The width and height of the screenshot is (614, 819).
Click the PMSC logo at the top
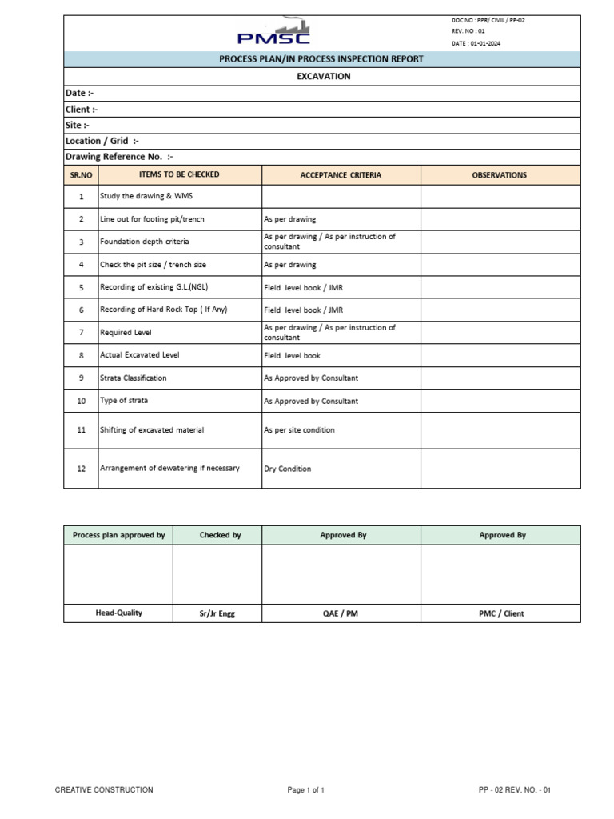coord(273,34)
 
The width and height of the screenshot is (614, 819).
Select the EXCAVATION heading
coord(323,77)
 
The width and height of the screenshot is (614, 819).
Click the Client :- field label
coord(82,110)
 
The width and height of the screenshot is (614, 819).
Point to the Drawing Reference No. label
coord(119,157)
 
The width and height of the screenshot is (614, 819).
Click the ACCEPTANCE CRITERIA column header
coord(341,175)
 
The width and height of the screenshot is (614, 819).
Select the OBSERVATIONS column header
coord(500,175)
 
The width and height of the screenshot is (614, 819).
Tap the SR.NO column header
coord(81,175)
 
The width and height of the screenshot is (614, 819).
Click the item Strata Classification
coord(134,378)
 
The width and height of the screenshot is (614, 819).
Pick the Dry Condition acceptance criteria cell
coord(288,469)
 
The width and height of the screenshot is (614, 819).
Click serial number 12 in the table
coord(81,469)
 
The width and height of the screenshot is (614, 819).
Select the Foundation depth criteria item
coord(145,242)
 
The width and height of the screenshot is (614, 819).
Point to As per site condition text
coord(299,430)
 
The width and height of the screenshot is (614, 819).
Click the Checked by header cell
coord(220,535)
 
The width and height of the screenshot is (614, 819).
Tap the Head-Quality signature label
coord(118,613)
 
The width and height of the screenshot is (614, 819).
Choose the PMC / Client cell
coord(502,613)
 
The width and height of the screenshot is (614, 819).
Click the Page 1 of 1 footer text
coord(306,790)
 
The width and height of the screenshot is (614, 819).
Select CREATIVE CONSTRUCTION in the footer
coord(104,790)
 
